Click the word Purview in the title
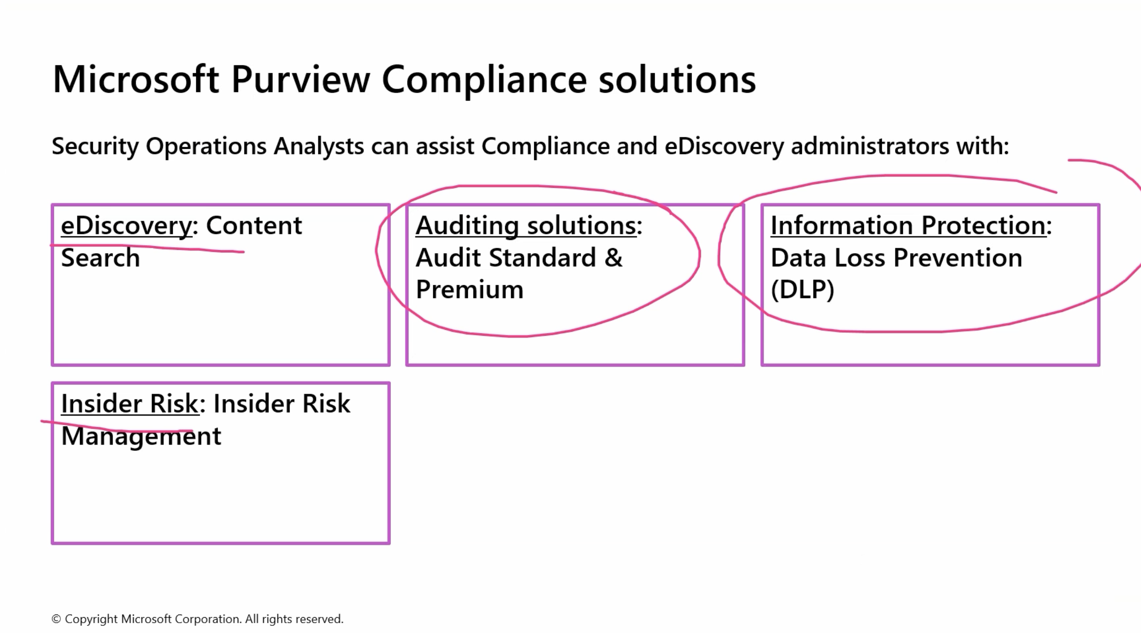(300, 80)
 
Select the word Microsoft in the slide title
(136, 80)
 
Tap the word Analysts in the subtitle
(319, 147)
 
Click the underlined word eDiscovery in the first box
(127, 226)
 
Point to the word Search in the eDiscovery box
(100, 258)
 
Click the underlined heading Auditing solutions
(526, 225)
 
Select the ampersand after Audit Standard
(613, 258)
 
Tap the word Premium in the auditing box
(470, 290)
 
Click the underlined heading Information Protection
(908, 225)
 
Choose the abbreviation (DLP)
(802, 290)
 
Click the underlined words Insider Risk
(130, 404)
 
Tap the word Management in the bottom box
(141, 436)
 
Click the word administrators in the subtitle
(869, 147)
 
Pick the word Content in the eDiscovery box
(254, 226)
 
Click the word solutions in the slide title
(677, 80)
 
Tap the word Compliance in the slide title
(484, 80)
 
